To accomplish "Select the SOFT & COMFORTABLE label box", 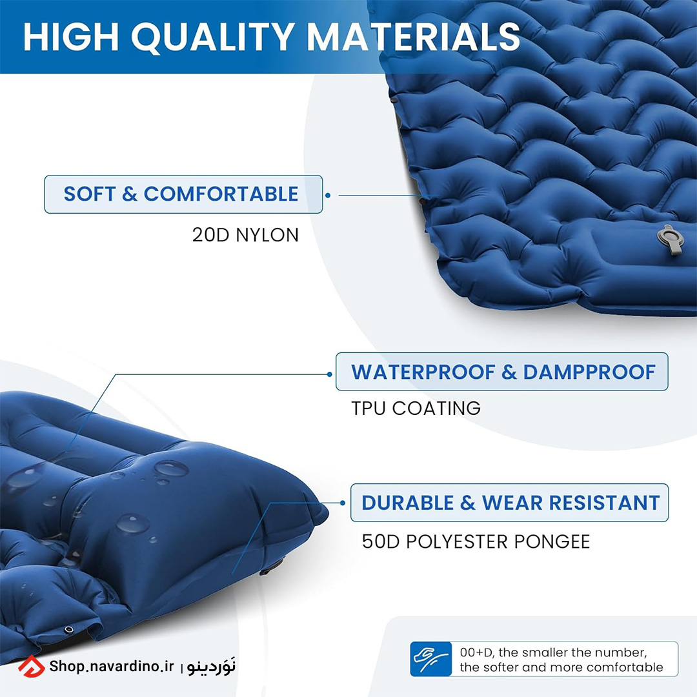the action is tap(183, 194).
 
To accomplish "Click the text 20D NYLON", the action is tap(245, 235).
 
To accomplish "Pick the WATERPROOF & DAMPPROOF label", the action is tap(502, 372).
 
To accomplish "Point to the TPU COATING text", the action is tap(416, 408).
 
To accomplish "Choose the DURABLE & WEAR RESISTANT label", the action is tap(510, 503).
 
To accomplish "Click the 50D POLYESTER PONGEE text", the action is tap(476, 541).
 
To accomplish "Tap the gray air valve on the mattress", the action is tap(671, 240).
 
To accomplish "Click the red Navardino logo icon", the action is tap(32, 666).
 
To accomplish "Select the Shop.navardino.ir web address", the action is tap(112, 666).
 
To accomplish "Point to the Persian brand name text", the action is tap(211, 666).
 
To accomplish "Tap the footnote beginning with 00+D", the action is tap(561, 660).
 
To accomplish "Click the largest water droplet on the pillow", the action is tap(170, 468).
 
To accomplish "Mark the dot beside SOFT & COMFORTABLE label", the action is tap(328, 195).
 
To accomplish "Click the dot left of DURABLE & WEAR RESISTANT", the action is tap(343, 503).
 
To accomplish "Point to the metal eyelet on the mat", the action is tap(69, 629).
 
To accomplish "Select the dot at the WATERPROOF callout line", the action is tap(329, 374).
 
